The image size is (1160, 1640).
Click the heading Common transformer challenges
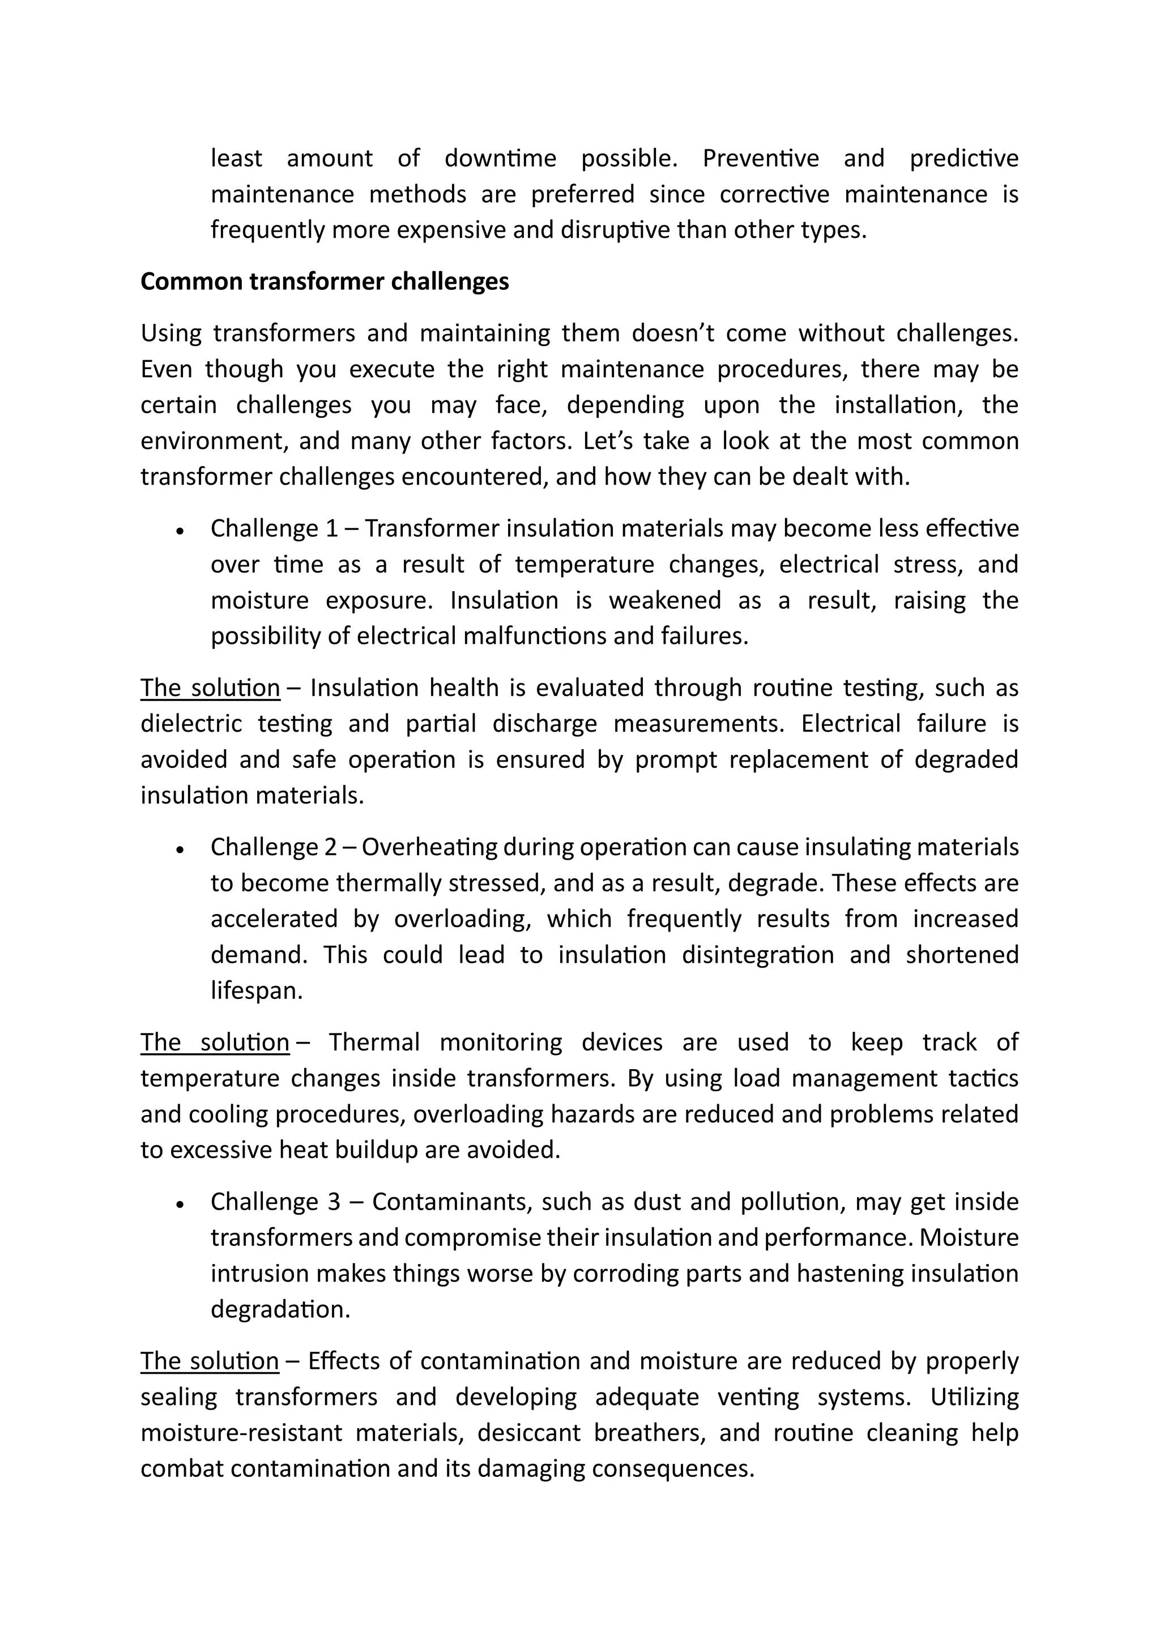[325, 281]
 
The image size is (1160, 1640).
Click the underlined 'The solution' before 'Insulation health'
[210, 688]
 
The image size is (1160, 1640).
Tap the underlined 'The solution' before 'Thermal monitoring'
[214, 1042]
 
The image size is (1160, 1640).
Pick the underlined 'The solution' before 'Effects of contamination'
[209, 1361]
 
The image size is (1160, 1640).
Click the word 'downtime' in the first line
[500, 158]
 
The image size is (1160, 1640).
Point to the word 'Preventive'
[761, 158]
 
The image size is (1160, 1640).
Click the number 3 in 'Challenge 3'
[334, 1202]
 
